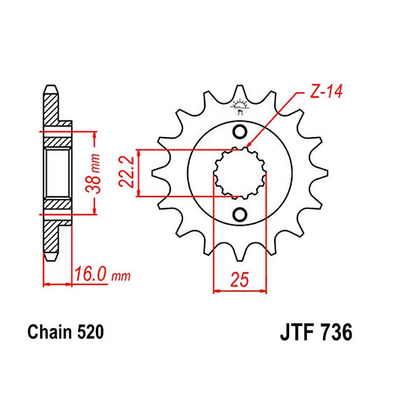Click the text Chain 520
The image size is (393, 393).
pos(65,333)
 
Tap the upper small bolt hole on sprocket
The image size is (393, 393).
pos(240,132)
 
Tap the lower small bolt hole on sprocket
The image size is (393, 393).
pos(240,214)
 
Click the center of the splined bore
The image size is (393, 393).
pos(240,173)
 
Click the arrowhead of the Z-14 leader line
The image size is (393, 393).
pos(248,146)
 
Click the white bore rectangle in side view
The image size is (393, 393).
pos(57,173)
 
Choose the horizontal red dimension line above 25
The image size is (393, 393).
pos(240,292)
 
